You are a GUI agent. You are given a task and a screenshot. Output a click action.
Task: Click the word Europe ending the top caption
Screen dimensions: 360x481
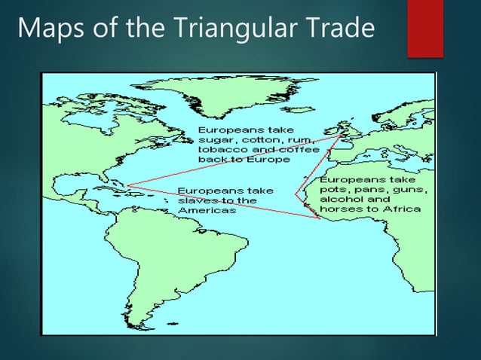click(x=252, y=160)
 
